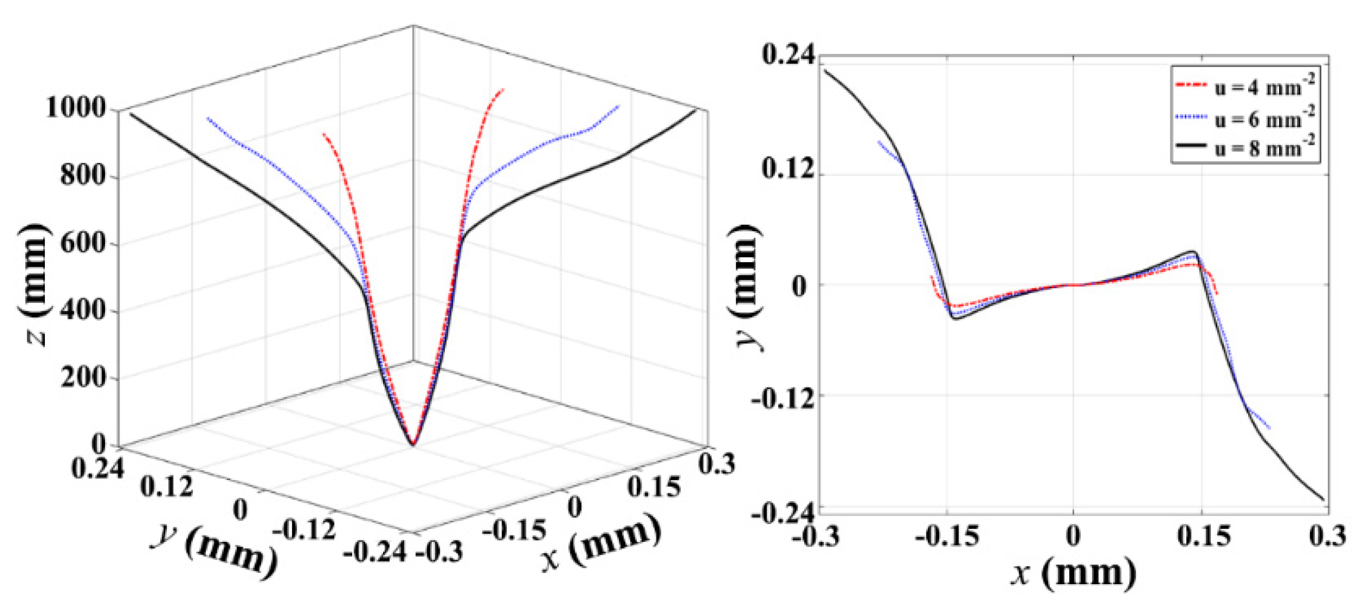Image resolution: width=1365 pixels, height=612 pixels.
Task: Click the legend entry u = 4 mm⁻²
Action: (1264, 86)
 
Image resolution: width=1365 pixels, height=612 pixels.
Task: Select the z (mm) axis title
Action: (35, 284)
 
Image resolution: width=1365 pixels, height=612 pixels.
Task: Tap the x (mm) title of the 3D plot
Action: (601, 546)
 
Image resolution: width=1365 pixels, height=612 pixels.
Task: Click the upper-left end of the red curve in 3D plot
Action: (324, 134)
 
